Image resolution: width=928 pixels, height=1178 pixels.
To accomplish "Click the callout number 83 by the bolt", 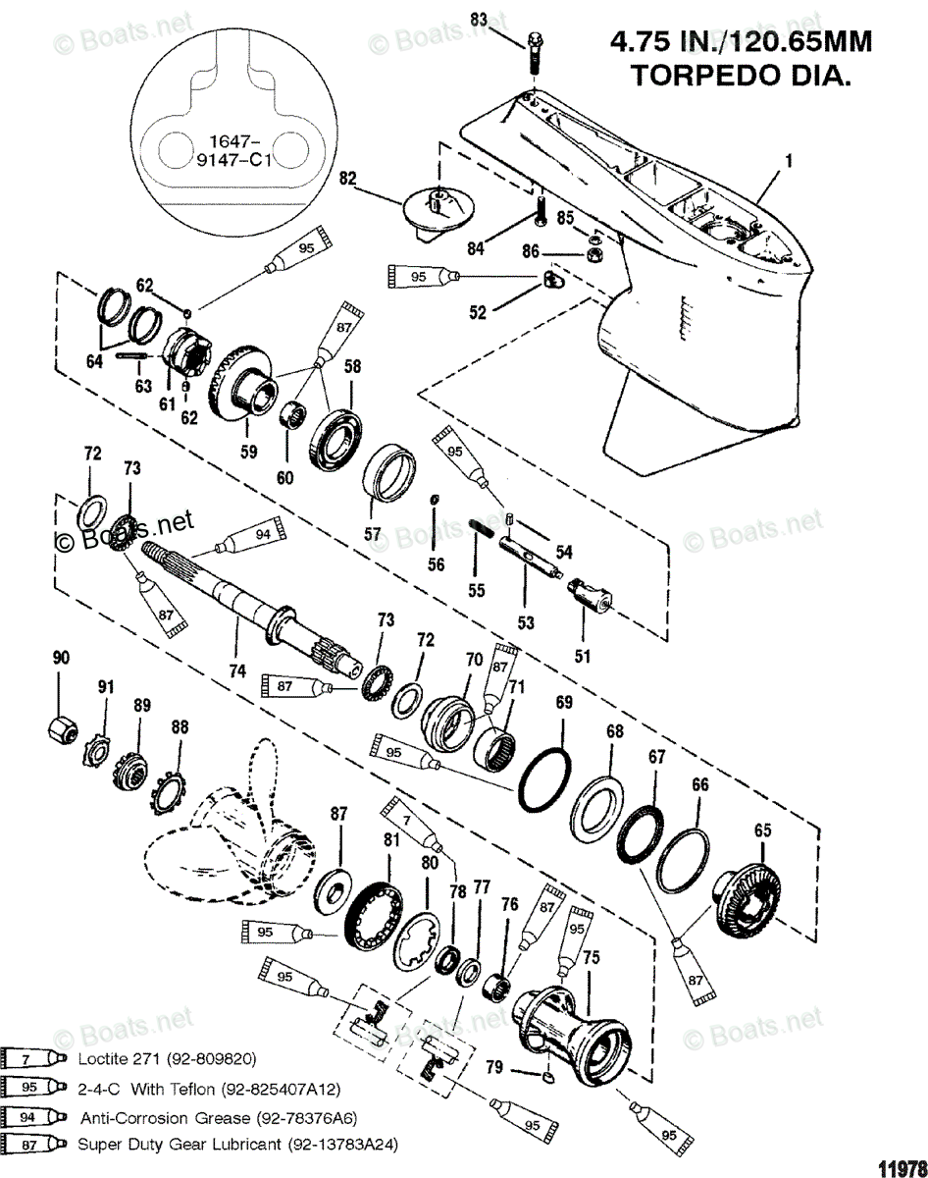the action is click(x=478, y=19).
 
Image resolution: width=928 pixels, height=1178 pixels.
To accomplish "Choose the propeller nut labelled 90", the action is click(x=62, y=728).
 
